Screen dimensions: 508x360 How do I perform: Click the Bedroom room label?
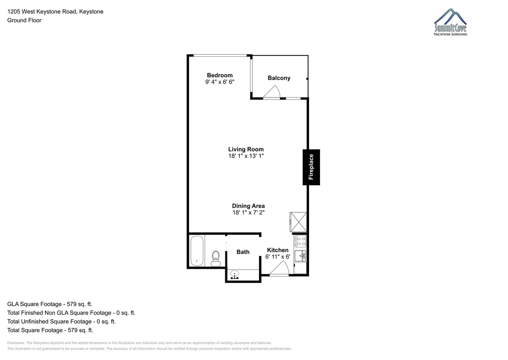tap(220, 75)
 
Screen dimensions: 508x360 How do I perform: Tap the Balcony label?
tap(279, 78)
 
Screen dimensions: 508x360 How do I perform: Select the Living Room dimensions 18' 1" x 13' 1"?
tap(246, 156)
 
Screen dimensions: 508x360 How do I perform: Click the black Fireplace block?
tap(311, 167)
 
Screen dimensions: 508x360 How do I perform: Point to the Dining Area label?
tap(248, 206)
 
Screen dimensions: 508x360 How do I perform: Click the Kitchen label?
tap(278, 250)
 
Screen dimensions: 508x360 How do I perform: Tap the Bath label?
tap(243, 252)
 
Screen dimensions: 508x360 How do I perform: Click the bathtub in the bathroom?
tap(196, 251)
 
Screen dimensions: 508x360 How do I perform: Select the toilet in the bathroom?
tap(215, 259)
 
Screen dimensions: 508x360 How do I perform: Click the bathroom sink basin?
tap(235, 274)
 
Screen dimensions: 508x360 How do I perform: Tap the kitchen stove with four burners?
tap(300, 241)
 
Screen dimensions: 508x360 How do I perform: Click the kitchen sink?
tap(300, 256)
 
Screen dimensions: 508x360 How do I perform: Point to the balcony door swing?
tap(272, 92)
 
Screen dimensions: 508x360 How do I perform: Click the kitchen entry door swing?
tap(279, 268)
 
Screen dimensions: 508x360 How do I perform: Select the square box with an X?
tap(298, 222)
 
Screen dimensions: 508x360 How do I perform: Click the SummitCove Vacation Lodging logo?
tap(450, 22)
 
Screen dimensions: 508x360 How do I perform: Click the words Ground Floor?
tap(24, 20)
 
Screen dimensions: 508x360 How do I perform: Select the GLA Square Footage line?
tap(50, 304)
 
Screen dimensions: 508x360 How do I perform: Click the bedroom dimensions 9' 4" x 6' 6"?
tap(220, 82)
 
